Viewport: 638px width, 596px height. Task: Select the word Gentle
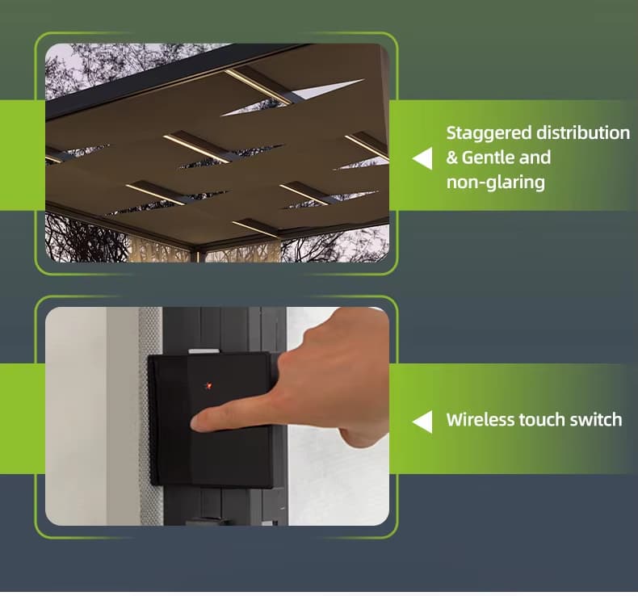point(488,157)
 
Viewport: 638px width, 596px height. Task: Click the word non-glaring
point(496,183)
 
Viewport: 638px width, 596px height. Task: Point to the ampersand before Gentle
point(451,157)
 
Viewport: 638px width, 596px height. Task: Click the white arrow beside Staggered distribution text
point(422,158)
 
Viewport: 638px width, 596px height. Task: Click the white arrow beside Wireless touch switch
point(422,422)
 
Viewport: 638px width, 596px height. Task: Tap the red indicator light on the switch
point(208,385)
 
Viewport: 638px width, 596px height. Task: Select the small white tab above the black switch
point(204,350)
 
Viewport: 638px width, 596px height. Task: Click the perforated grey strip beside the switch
point(151,416)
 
